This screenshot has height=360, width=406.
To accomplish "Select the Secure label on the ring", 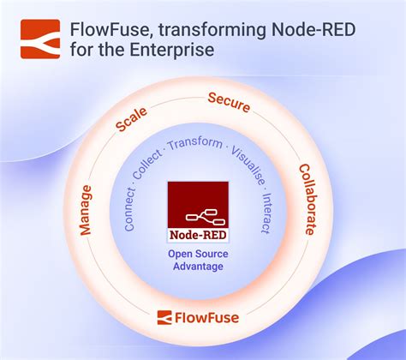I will (x=229, y=104).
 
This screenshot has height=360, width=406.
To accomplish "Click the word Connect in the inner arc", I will (x=128, y=209).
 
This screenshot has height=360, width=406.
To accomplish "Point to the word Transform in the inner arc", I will (x=195, y=143).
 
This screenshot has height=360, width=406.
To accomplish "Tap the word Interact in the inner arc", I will (x=267, y=208).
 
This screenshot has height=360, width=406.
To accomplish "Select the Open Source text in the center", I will (x=197, y=254).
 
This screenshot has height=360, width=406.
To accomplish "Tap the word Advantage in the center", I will (x=197, y=267).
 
